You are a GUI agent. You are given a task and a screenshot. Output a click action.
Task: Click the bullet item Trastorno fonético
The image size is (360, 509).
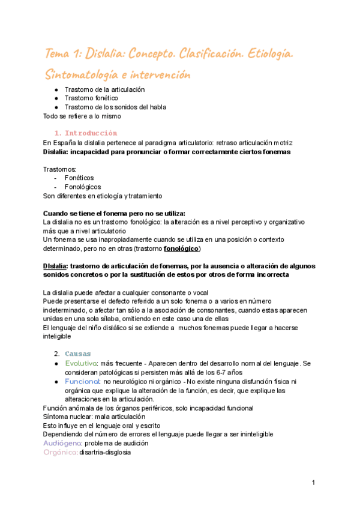pyautogui.click(x=91, y=98)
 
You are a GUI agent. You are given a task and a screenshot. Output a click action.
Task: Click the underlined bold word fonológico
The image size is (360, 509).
pyautogui.click(x=181, y=248)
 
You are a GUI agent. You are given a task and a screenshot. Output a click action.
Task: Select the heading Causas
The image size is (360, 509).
pyautogui.click(x=77, y=354)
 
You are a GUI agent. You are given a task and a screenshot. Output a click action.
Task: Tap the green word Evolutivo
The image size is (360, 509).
pyautogui.click(x=81, y=363)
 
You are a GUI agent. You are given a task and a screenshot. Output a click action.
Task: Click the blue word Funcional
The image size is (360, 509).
pyautogui.click(x=83, y=381)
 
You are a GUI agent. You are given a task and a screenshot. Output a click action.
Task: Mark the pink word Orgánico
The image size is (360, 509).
pyautogui.click(x=60, y=453)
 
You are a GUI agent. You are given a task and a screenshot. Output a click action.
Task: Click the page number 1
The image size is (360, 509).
pyautogui.click(x=313, y=483)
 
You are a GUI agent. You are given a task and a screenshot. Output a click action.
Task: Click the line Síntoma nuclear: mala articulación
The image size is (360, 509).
pyautogui.click(x=94, y=415)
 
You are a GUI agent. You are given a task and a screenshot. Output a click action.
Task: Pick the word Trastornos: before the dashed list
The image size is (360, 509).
pyautogui.click(x=60, y=169)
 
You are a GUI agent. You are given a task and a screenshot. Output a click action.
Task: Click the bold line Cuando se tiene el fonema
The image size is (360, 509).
pyautogui.click(x=114, y=213)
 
